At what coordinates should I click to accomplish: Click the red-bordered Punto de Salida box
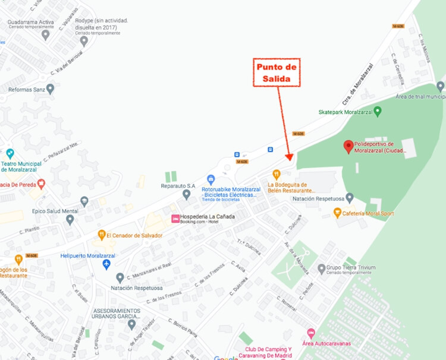point(277,73)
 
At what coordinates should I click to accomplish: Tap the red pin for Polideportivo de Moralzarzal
point(348,146)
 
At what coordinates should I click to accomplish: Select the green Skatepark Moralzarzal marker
point(378,111)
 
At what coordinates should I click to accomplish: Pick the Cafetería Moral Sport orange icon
point(337,213)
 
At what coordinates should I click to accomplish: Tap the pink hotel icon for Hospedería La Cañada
point(175,219)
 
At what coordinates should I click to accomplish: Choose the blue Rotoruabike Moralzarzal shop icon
point(211,179)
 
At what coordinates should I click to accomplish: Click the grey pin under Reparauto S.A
point(187,194)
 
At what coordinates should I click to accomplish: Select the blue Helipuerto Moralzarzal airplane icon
point(106,264)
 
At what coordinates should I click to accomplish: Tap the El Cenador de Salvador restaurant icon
point(102,235)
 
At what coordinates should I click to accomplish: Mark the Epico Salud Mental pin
point(70,220)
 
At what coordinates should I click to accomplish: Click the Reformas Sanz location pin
point(51,89)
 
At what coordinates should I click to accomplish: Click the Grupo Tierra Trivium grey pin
point(322,268)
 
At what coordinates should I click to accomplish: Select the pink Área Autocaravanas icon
point(310,333)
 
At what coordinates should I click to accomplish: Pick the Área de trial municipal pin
point(440,86)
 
